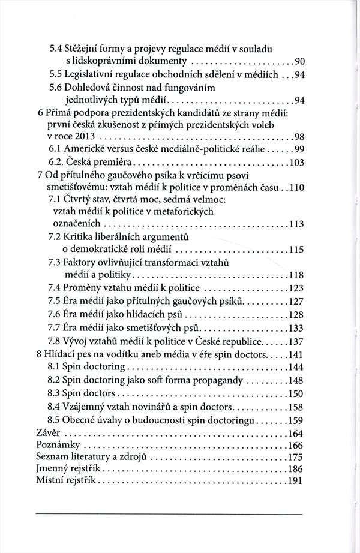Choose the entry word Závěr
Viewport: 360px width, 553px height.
click(50, 433)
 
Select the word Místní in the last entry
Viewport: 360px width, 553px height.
click(52, 483)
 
